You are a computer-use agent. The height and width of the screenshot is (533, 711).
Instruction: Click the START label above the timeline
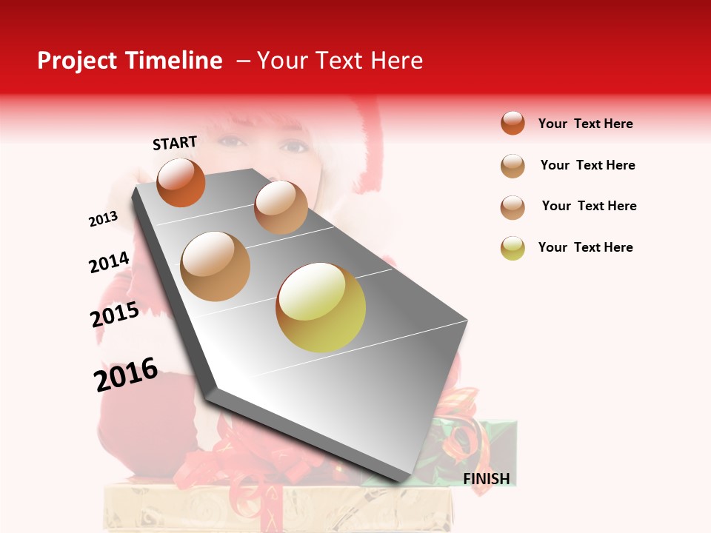point(175,143)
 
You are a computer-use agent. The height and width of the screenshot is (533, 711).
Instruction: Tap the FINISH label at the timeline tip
point(486,479)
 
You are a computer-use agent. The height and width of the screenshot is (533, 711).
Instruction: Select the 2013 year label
point(103,219)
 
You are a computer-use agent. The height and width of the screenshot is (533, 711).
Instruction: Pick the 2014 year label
point(109,262)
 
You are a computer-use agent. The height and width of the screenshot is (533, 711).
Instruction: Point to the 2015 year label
point(115,315)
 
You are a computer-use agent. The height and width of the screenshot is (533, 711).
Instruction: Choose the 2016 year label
point(126,374)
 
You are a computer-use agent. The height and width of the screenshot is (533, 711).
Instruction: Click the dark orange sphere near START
point(181,182)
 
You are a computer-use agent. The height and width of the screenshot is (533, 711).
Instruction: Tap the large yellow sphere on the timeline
point(321,307)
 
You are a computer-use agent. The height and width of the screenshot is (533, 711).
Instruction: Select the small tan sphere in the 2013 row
point(281,207)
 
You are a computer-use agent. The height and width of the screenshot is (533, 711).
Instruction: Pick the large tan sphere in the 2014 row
point(216,266)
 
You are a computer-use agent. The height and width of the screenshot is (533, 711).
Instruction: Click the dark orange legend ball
point(513,123)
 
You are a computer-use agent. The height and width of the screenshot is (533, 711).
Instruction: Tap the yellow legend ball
point(513,248)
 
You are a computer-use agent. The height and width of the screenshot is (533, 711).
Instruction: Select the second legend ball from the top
point(513,166)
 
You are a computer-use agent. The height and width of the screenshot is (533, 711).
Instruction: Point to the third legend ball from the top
point(513,207)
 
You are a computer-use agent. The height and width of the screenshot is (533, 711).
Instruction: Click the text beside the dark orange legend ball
point(585,124)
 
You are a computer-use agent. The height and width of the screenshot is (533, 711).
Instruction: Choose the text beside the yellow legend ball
point(585,247)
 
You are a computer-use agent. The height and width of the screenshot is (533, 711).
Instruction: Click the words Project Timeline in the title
point(130,61)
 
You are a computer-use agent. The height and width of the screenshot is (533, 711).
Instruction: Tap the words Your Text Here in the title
point(339,61)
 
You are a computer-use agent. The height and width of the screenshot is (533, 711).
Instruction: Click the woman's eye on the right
point(294,146)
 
